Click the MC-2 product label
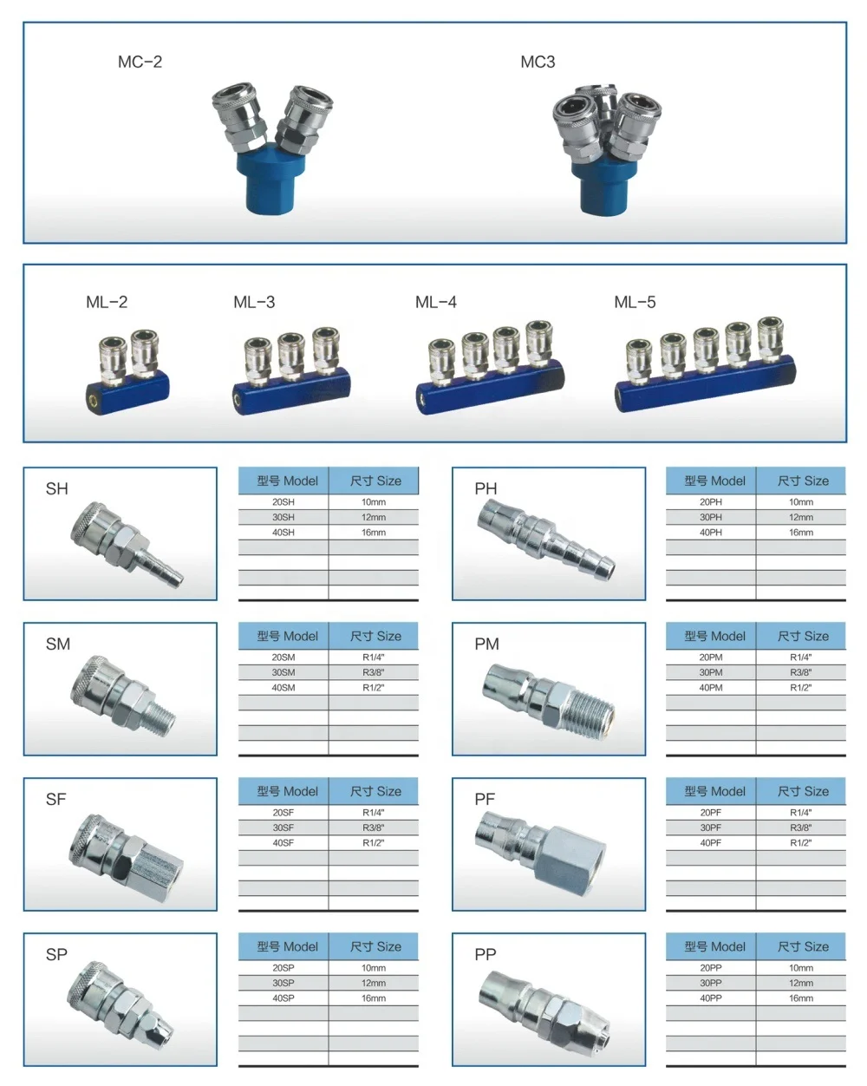coord(140,62)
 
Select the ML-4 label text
coord(435,302)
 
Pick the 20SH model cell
coord(284,502)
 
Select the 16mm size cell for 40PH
coord(800,533)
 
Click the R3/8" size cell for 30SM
coord(373,672)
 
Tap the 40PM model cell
coord(710,688)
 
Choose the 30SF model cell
coord(284,828)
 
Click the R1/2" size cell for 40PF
coord(800,843)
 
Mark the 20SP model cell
coord(284,968)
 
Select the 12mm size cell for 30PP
coord(800,984)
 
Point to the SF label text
coord(55,799)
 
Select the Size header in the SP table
coord(375,946)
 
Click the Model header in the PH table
coord(714,481)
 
